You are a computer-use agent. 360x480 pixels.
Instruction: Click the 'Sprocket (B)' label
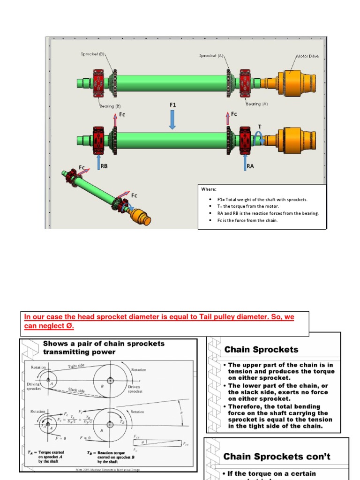pyautogui.click(x=92, y=54)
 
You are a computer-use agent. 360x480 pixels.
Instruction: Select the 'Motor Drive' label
pyautogui.click(x=307, y=56)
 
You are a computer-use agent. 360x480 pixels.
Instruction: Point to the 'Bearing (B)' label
pyautogui.click(x=110, y=106)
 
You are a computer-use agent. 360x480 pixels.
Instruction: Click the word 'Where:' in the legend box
pyautogui.click(x=209, y=189)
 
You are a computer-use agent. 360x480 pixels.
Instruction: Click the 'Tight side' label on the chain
pyautogui.click(x=76, y=366)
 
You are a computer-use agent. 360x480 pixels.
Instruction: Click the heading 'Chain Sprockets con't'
pyautogui.click(x=277, y=456)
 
